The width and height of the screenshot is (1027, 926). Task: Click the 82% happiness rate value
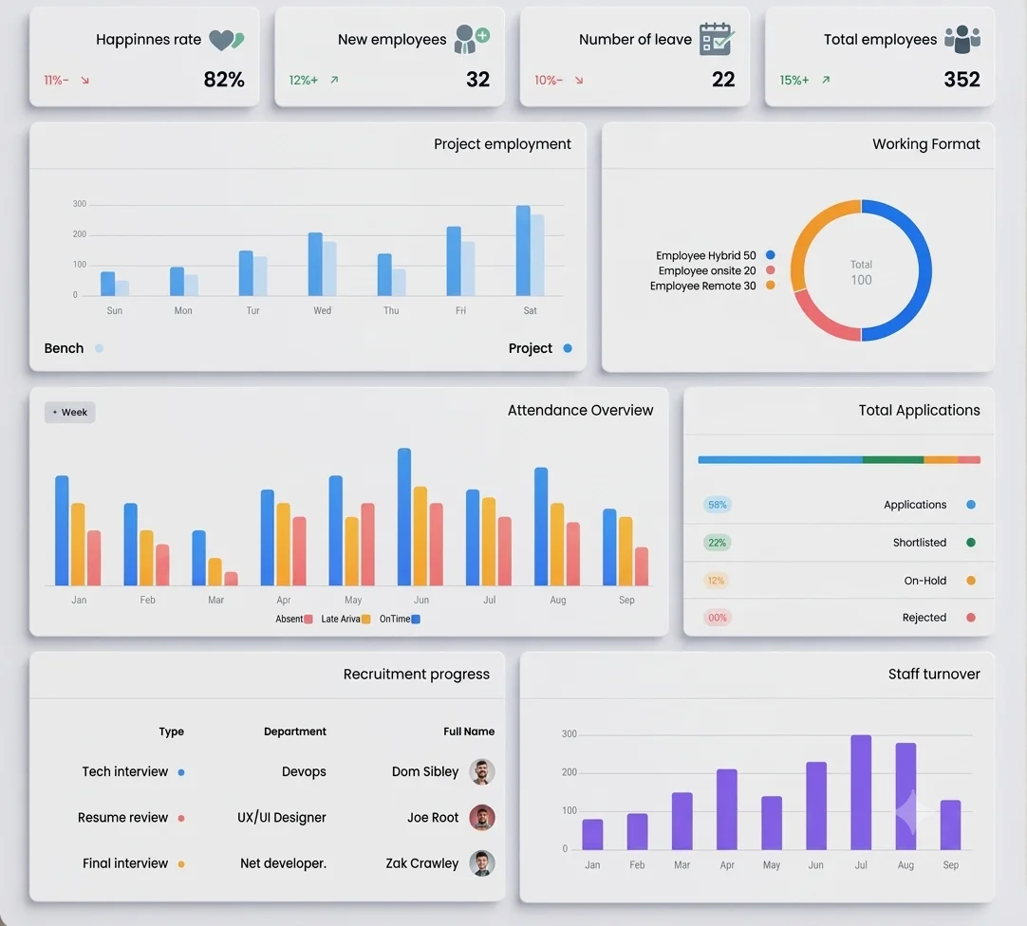tap(224, 80)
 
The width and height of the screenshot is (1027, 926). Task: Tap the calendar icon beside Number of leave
tap(717, 39)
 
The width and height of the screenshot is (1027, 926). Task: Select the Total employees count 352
tap(962, 80)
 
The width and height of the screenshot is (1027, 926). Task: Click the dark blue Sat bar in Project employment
tap(523, 250)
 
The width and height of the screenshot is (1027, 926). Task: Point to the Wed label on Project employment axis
tap(323, 310)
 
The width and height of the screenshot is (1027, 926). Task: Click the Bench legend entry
tap(73, 348)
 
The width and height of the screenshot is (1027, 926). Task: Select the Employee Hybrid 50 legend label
tap(705, 255)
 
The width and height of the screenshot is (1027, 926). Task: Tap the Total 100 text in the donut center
tap(861, 272)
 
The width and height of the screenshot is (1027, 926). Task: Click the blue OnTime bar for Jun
tap(404, 517)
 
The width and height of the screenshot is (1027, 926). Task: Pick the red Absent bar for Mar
tap(231, 579)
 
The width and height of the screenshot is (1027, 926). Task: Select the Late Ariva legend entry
tap(345, 619)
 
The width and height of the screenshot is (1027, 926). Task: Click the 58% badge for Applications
tap(718, 504)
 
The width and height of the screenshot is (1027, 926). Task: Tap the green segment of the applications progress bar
tap(893, 460)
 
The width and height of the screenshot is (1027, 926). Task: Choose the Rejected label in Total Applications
tap(924, 618)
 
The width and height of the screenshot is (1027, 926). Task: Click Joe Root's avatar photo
tap(481, 817)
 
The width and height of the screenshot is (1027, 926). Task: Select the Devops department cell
tap(304, 771)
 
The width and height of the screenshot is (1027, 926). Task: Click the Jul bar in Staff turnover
tap(861, 792)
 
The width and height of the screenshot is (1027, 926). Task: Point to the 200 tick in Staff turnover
tap(570, 772)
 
